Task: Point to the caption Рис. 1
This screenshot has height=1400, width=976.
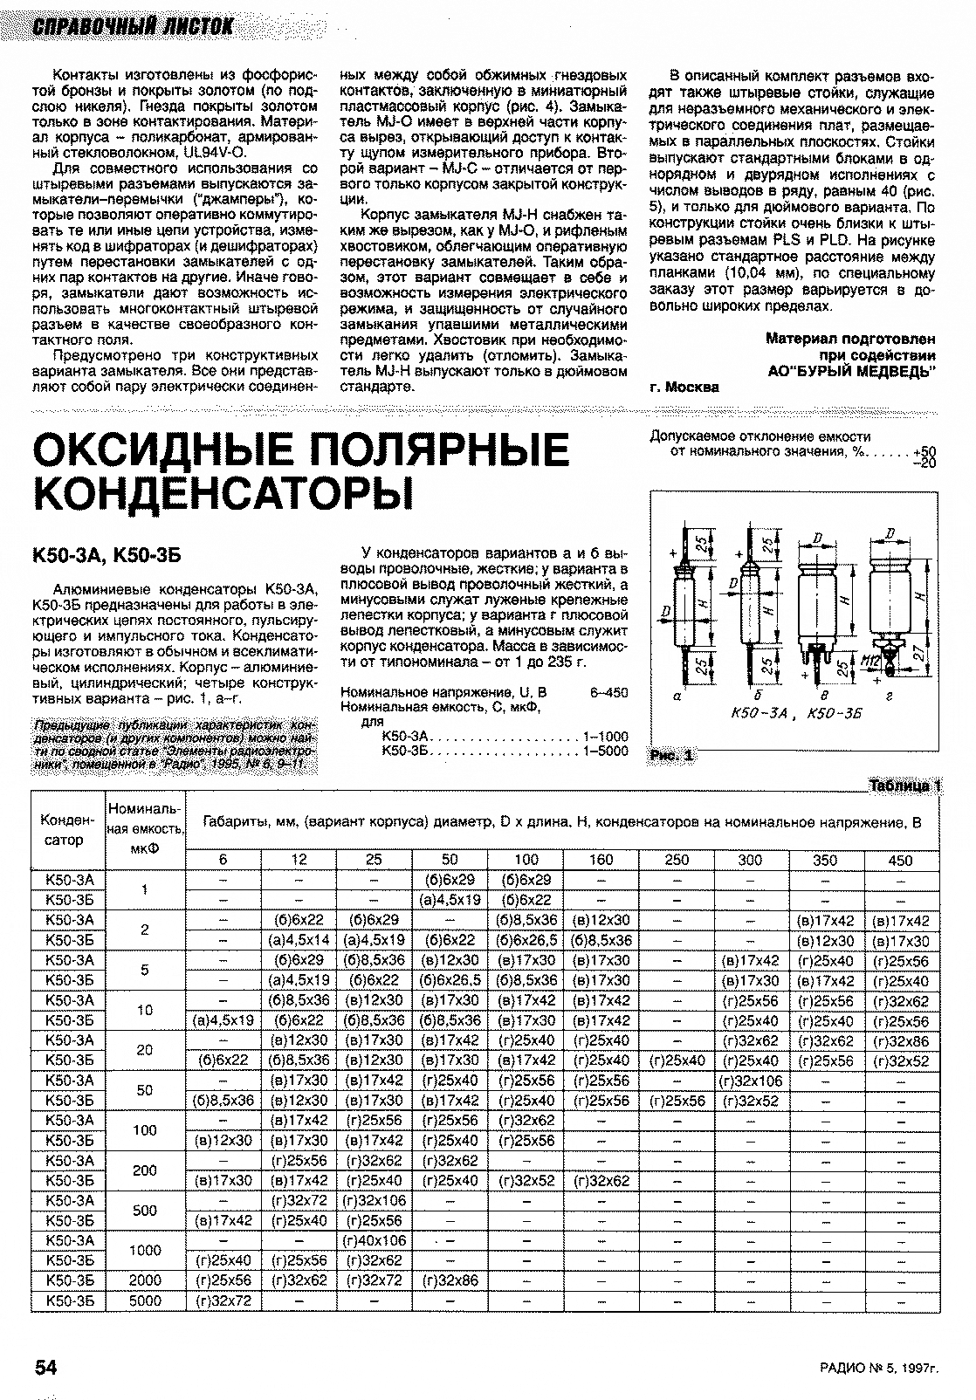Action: [x=673, y=756]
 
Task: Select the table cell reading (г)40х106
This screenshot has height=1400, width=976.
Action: [x=374, y=1239]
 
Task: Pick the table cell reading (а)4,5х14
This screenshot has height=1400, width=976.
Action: [x=299, y=940]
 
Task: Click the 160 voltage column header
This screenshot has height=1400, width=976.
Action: [x=601, y=859]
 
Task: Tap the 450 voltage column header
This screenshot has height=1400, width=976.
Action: [x=900, y=859]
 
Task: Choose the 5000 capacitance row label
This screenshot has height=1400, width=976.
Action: [x=145, y=1300]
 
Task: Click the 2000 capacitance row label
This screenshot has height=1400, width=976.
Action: [x=145, y=1280]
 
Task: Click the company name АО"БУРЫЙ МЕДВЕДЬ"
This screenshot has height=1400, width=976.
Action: [x=850, y=370]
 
